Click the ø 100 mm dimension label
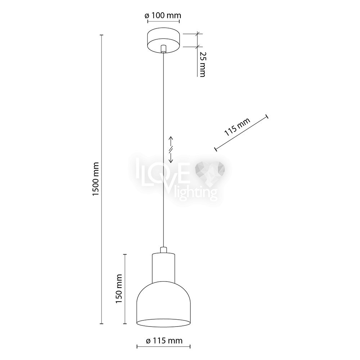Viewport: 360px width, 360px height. [x=163, y=15]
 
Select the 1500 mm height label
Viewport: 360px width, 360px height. [x=95, y=179]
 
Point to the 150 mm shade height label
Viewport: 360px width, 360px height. [x=118, y=289]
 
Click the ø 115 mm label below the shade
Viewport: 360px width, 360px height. [x=164, y=341]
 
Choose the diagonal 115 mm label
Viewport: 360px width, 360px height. [x=237, y=127]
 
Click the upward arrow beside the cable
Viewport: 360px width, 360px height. [x=171, y=141]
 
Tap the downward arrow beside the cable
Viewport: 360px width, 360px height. [x=171, y=158]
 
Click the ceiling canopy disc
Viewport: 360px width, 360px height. [x=163, y=40]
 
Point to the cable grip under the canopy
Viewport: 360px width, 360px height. [x=163, y=49]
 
